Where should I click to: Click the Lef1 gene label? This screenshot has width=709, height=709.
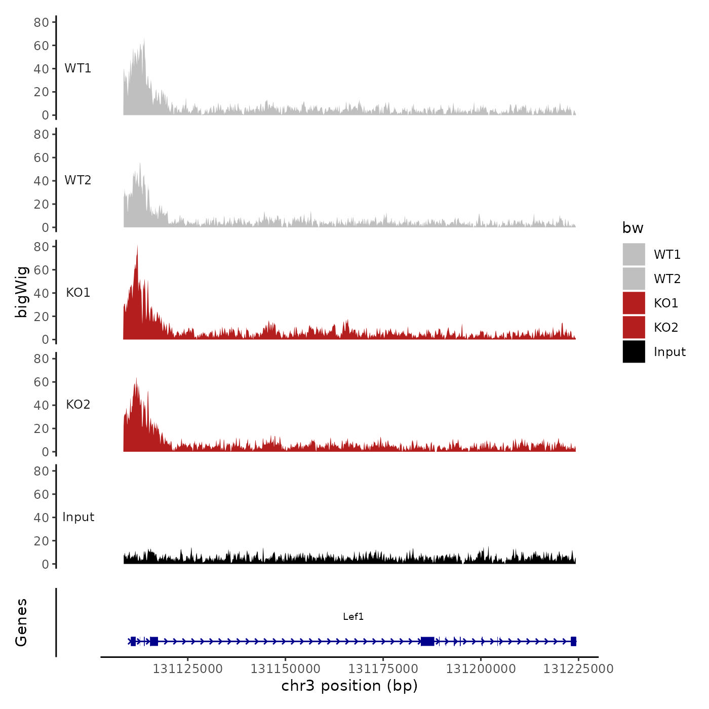[x=353, y=616]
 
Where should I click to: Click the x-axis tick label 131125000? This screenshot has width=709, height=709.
[x=187, y=669]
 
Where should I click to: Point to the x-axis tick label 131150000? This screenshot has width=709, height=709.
[x=285, y=669]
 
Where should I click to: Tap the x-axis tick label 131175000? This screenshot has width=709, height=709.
[x=383, y=669]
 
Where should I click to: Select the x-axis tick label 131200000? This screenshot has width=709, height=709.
[x=481, y=669]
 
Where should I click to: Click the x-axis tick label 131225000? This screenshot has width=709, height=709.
[x=578, y=669]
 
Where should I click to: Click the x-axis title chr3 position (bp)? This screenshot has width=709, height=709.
[x=349, y=686]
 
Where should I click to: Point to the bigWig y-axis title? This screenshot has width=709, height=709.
[x=21, y=292]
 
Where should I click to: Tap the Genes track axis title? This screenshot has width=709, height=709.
[x=21, y=622]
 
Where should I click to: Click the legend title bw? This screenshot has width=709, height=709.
[x=633, y=228]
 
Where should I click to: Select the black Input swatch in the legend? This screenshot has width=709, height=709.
[x=634, y=351]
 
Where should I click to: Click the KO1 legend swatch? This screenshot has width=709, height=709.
[x=634, y=303]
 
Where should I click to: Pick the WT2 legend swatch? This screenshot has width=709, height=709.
[x=634, y=279]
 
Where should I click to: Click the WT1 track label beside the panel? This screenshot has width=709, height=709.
[x=77, y=68]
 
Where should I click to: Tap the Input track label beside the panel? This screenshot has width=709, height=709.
[x=78, y=517]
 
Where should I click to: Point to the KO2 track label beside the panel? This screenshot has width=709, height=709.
[x=78, y=405]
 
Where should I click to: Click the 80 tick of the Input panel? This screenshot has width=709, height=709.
[x=41, y=471]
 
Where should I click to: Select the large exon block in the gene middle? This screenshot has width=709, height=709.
[x=427, y=641]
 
